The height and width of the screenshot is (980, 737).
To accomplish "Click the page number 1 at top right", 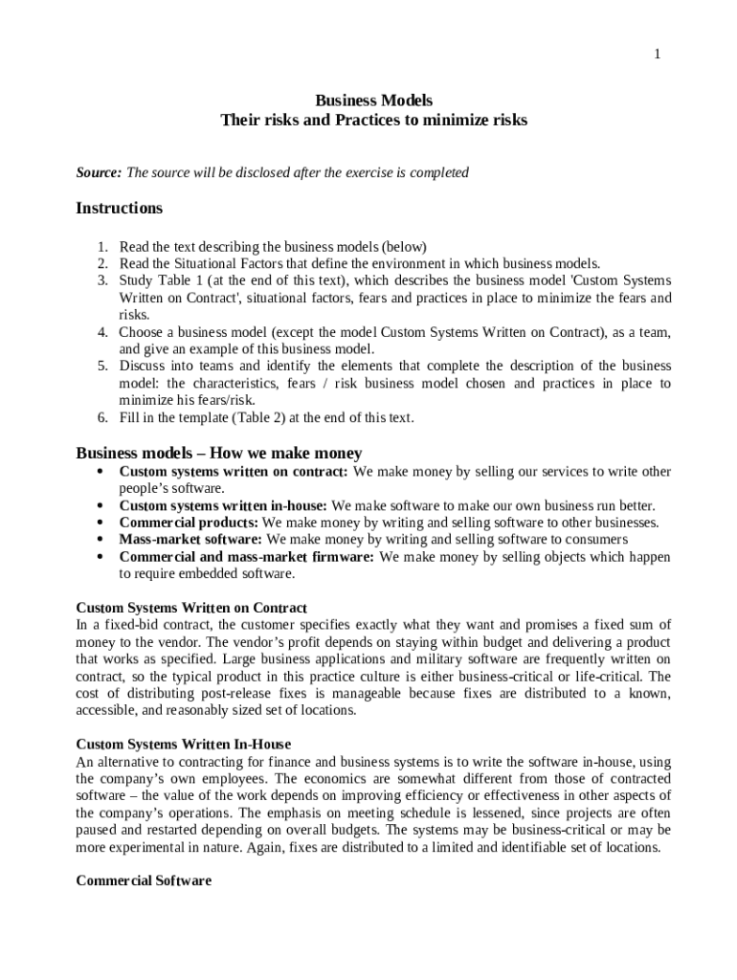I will click(657, 55).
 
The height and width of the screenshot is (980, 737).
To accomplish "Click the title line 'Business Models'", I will click(373, 100).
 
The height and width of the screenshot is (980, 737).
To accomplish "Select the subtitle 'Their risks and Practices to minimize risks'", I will click(373, 121).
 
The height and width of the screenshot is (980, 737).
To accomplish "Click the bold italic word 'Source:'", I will click(99, 173).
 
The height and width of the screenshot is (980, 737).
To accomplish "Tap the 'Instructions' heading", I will click(120, 209).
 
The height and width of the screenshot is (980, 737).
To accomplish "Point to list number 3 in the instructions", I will click(101, 280).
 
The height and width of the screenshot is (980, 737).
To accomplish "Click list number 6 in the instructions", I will click(101, 418).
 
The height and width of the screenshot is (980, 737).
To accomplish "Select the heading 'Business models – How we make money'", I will click(218, 454).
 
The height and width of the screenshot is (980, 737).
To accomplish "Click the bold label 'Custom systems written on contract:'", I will click(234, 472).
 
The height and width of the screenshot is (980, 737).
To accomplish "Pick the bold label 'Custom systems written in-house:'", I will click(223, 506).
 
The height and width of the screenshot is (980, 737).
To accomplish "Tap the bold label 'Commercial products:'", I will click(189, 523).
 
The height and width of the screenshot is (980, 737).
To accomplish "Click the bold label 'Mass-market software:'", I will click(191, 540).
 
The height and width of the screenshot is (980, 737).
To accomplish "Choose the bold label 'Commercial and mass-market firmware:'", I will click(247, 557).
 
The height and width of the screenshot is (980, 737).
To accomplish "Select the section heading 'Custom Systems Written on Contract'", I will click(191, 608).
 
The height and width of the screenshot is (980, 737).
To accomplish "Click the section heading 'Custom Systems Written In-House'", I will click(183, 745).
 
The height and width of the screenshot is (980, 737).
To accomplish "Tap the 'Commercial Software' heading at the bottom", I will click(144, 881).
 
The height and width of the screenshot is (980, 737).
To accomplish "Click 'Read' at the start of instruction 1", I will click(134, 246).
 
